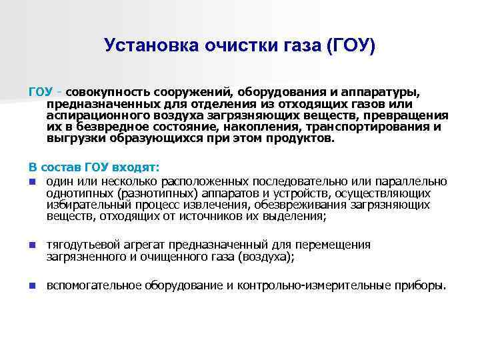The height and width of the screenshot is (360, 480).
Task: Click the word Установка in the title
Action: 145,46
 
